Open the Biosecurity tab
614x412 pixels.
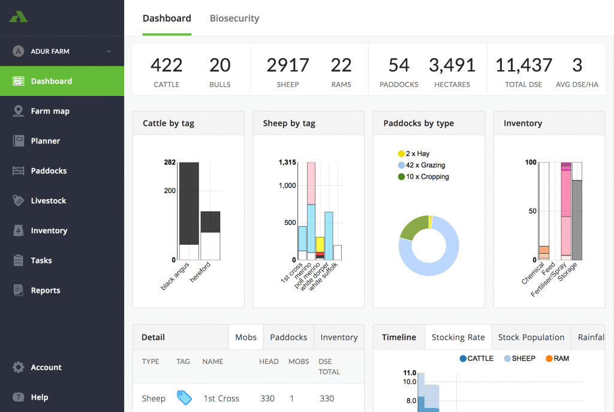tap(234, 19)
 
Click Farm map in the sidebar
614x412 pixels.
tap(50, 111)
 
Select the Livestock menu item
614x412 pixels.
tap(49, 201)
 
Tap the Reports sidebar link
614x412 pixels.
tap(46, 291)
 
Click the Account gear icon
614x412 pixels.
tap(18, 368)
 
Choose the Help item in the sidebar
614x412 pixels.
tap(40, 397)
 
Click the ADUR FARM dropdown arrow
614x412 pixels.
tap(109, 52)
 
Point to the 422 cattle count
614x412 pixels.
tap(167, 65)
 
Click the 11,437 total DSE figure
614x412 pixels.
tap(523, 65)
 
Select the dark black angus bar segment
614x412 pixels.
tap(189, 203)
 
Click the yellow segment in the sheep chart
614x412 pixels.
tap(320, 244)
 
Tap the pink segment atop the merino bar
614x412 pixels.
tap(311, 184)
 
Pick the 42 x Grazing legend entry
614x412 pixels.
tap(422, 166)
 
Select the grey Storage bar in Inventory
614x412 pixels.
tap(577, 220)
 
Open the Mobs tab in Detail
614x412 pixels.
tap(246, 337)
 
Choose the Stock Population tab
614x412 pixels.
tap(531, 337)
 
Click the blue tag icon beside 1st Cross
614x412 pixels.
tap(184, 398)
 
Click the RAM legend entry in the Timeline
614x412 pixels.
tap(557, 359)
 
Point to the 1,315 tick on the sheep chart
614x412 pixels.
tap(287, 162)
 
